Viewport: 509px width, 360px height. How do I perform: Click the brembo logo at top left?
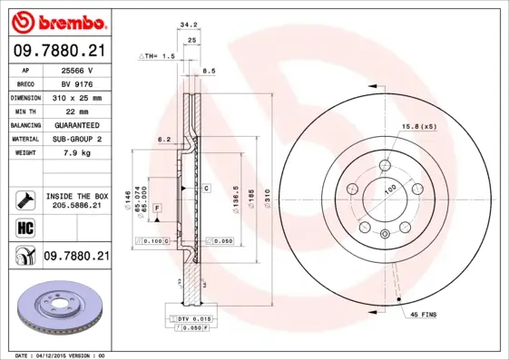point(59,21)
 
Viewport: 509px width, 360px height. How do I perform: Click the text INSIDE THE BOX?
point(76,196)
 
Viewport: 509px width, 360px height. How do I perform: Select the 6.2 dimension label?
point(164,139)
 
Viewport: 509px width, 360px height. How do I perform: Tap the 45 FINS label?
point(425,314)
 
